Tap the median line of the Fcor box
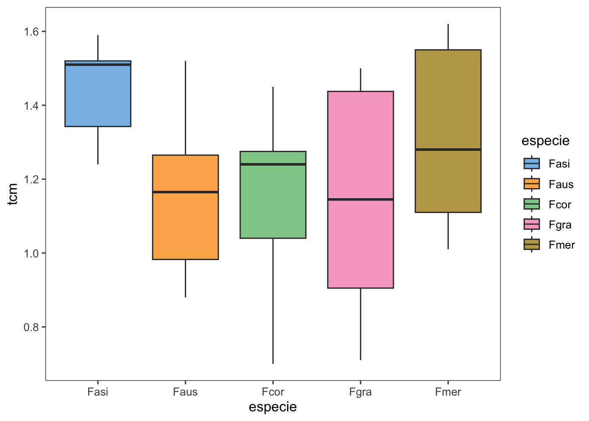click(x=273, y=164)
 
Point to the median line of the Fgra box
click(x=361, y=200)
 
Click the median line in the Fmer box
click(x=448, y=150)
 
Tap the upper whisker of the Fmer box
click(x=448, y=37)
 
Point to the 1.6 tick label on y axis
click(x=32, y=32)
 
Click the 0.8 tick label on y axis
click(x=32, y=327)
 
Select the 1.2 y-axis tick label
click(x=32, y=179)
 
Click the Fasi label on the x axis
click(x=98, y=392)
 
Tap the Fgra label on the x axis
click(x=361, y=392)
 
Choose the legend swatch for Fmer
click(x=532, y=245)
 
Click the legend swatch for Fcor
click(x=532, y=204)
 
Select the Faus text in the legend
click(x=561, y=184)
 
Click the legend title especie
click(x=546, y=141)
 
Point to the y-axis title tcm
click(x=13, y=194)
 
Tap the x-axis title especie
click(x=273, y=407)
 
